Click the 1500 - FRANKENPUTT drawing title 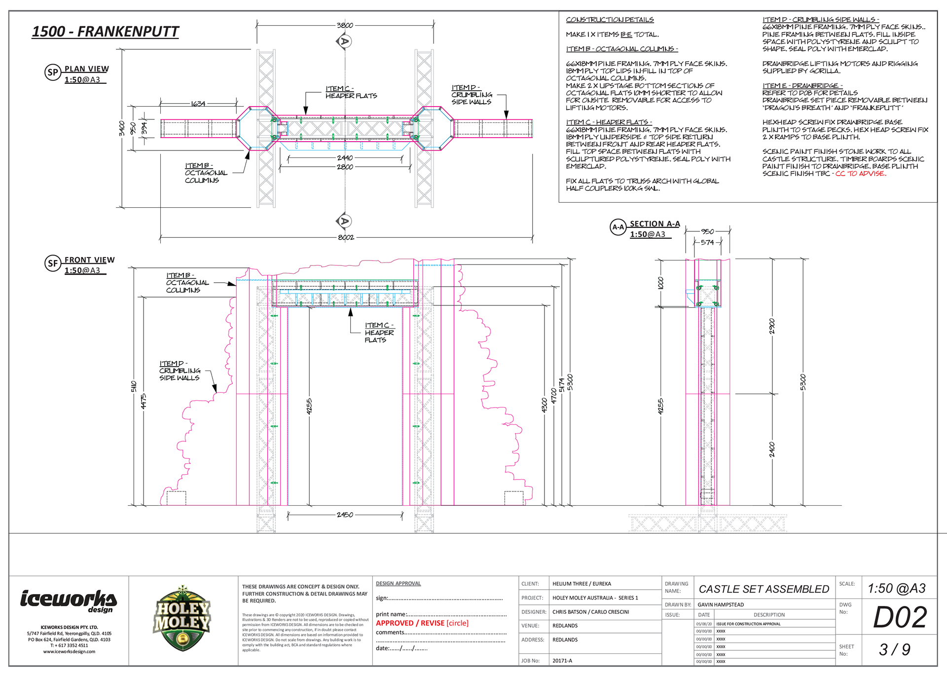coord(105,32)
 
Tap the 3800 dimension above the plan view coord(345,25)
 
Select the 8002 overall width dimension coord(346,237)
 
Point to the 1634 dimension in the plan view coord(198,104)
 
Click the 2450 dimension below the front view coord(345,515)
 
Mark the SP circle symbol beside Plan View coord(53,73)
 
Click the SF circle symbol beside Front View coord(53,263)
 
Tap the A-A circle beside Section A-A coord(618,227)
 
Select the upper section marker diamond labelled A coord(345,41)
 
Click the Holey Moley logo coord(182,619)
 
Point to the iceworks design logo coord(69,600)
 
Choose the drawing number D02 coord(900,617)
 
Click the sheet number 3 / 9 coord(895,649)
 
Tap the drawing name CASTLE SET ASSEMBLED coord(764,589)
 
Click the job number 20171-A coord(562,661)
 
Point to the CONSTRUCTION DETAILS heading coord(610,20)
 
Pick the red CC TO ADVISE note coord(861,174)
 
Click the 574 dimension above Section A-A coord(707,242)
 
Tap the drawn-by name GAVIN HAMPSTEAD coord(721,604)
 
